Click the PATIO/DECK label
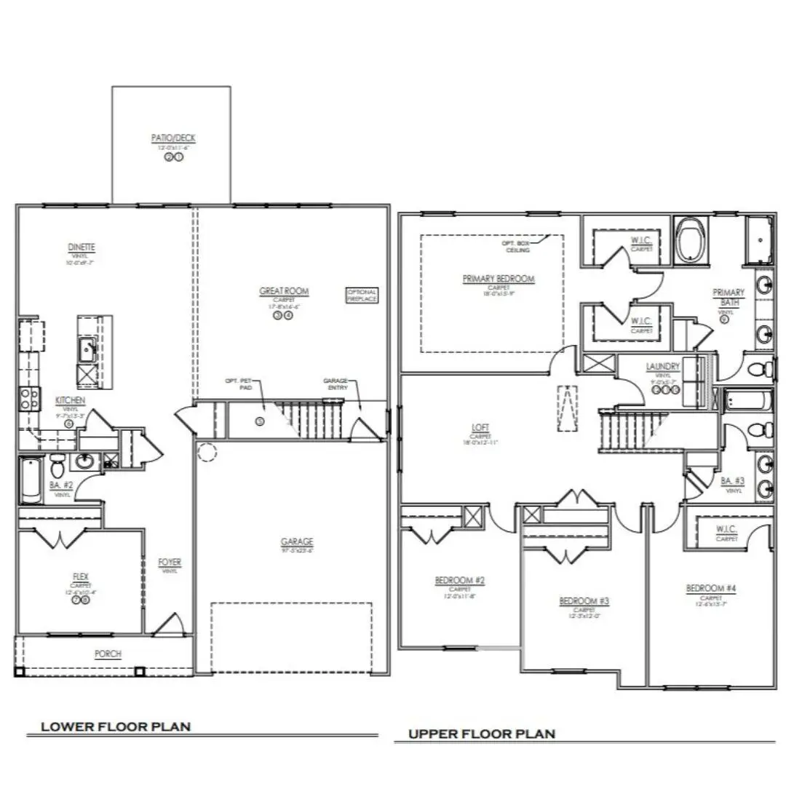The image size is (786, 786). click(x=173, y=138)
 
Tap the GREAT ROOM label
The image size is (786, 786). click(x=284, y=291)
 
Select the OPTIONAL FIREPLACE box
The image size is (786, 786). click(x=362, y=295)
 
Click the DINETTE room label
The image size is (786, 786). click(x=82, y=247)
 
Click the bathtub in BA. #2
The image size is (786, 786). click(x=31, y=480)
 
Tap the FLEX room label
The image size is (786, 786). click(x=80, y=576)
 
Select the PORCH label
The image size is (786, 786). click(x=108, y=654)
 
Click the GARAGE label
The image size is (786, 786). click(x=297, y=541)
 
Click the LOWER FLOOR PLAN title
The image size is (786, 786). click(x=116, y=726)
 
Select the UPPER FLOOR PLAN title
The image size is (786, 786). click(x=481, y=734)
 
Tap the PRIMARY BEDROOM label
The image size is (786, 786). click(x=499, y=279)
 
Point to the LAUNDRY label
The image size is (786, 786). click(x=662, y=366)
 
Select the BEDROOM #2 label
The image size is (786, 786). click(x=459, y=580)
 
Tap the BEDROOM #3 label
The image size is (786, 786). click(x=584, y=600)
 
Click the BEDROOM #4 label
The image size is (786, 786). click(x=710, y=588)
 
